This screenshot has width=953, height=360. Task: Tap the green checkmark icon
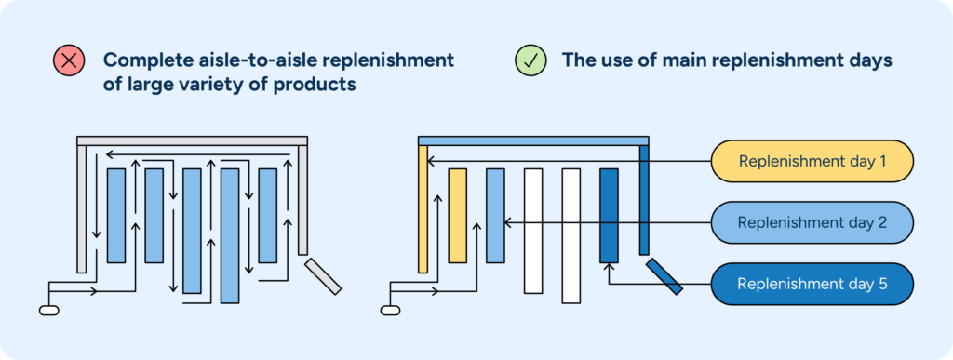pyautogui.click(x=530, y=61)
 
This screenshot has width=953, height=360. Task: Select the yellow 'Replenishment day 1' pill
pyautogui.click(x=812, y=161)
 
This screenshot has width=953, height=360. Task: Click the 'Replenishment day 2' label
pyautogui.click(x=812, y=222)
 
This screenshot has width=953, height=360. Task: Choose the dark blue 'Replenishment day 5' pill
pyautogui.click(x=812, y=284)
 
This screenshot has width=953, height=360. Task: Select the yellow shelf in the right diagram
pyautogui.click(x=457, y=216)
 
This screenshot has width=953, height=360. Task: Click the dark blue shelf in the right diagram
pyautogui.click(x=609, y=216)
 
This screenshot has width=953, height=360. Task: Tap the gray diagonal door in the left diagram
pyautogui.click(x=323, y=276)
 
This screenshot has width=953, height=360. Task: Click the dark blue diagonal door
pyautogui.click(x=664, y=276)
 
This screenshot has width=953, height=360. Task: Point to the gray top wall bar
pyautogui.click(x=192, y=140)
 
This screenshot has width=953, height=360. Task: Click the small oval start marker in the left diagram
pyautogui.click(x=49, y=310)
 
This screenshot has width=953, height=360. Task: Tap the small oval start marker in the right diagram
pyautogui.click(x=391, y=310)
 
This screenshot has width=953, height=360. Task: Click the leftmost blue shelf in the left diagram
pyautogui.click(x=116, y=216)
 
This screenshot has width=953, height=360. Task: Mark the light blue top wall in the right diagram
pyautogui.click(x=533, y=140)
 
